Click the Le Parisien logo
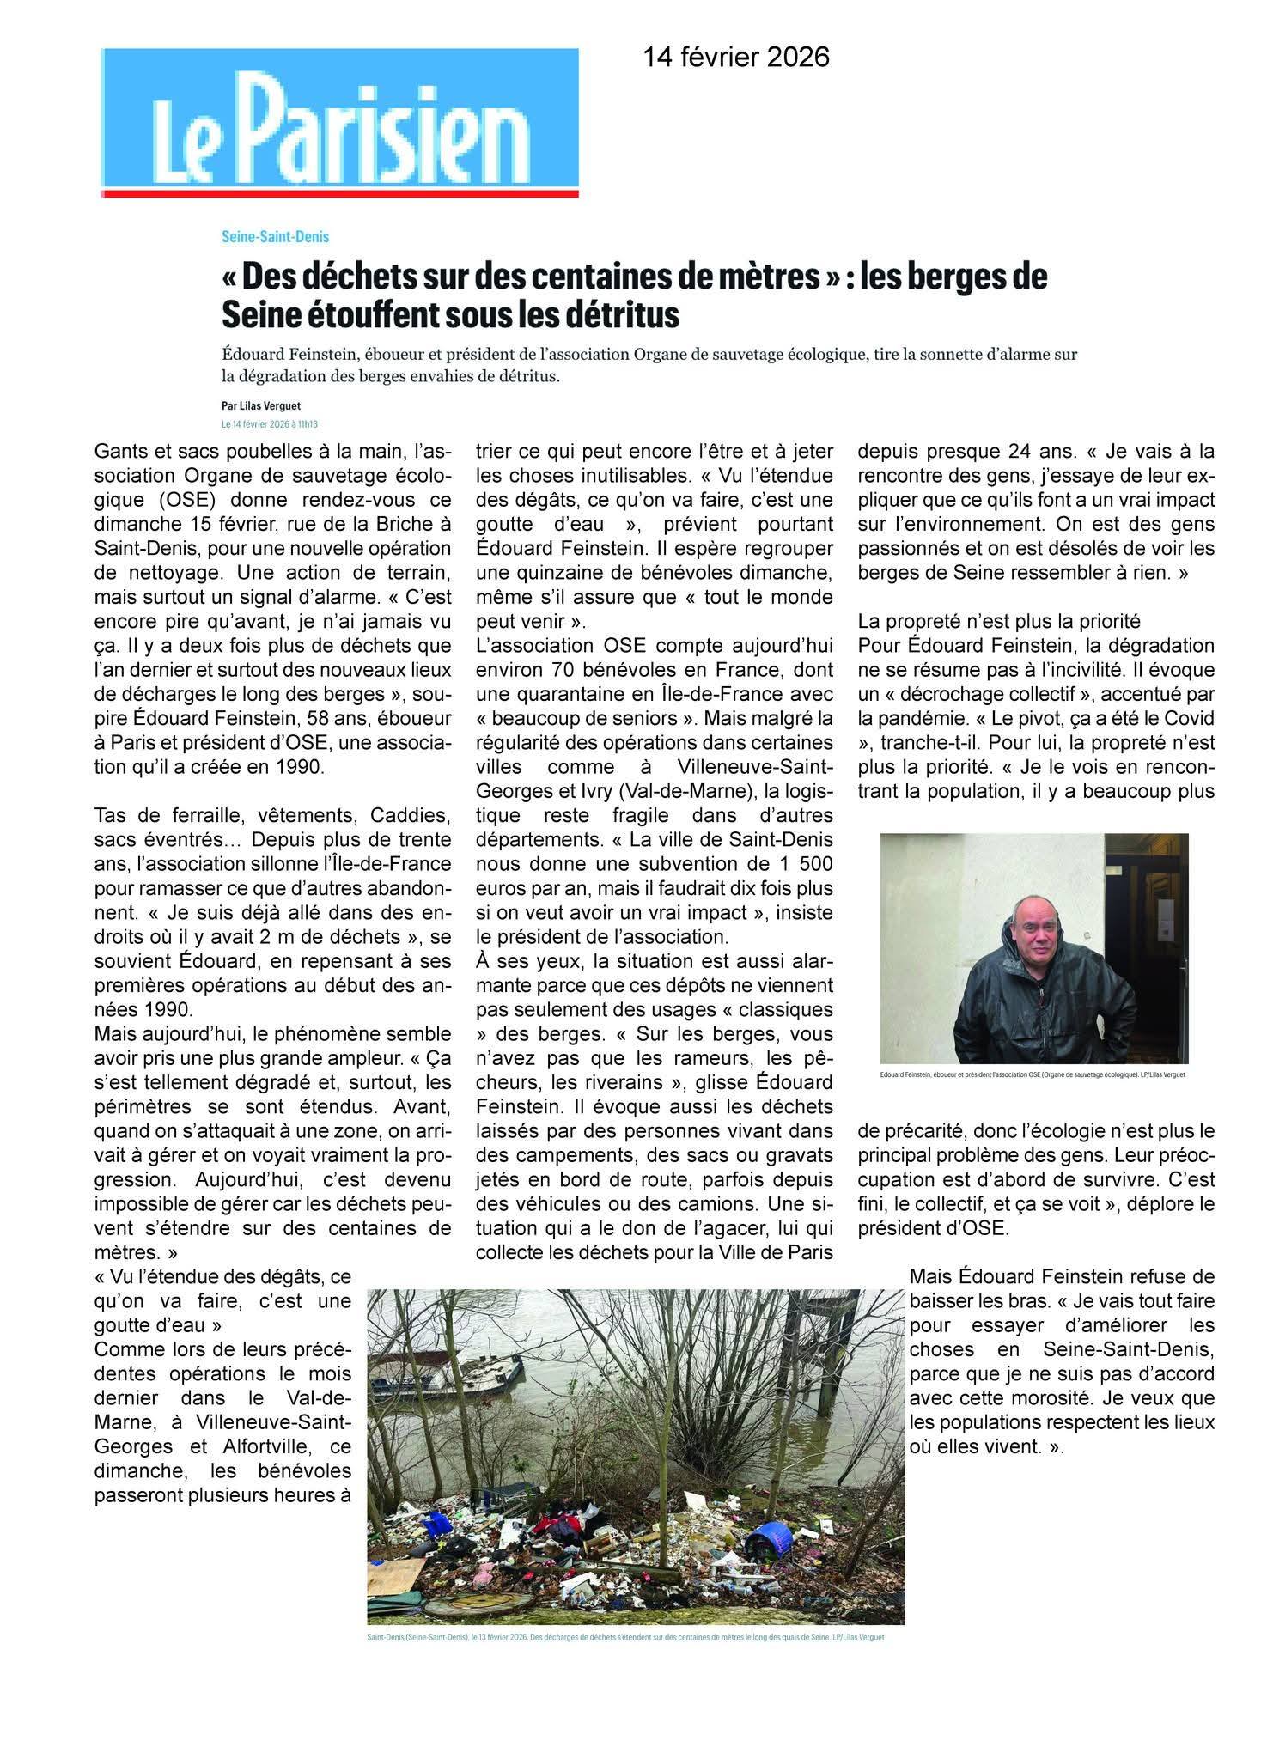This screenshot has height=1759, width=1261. (339, 122)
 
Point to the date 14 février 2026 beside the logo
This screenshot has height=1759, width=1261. (737, 57)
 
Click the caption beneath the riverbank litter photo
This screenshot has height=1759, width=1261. (625, 1638)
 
